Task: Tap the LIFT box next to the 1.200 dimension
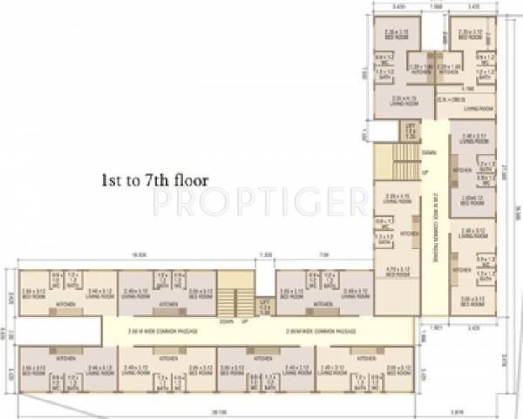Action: (x=264, y=303)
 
